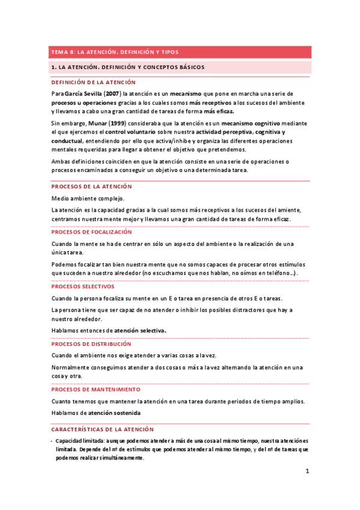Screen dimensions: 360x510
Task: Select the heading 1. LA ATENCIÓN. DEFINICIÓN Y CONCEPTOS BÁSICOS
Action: coord(128,67)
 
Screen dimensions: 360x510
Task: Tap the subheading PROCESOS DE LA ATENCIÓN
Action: coord(91,186)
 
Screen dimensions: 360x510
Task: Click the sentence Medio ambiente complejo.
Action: coord(88,198)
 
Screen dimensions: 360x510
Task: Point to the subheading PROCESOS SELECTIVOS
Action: coord(82,287)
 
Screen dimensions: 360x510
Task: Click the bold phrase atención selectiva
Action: coord(141,330)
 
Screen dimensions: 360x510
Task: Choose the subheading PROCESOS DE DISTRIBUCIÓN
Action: coord(91,344)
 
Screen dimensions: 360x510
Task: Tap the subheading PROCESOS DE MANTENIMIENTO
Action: coord(96,390)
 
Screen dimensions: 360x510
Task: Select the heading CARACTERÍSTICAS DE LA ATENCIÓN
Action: coord(102,429)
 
